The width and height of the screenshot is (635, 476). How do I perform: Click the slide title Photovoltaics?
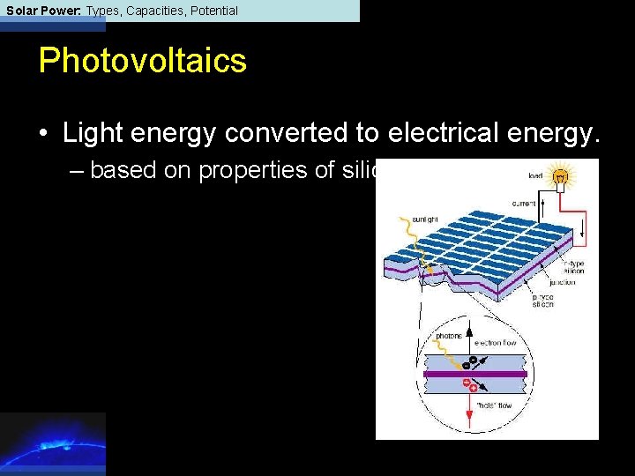[142, 61]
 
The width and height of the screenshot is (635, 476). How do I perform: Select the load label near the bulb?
[535, 175]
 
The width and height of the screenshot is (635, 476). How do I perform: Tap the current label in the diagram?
[524, 204]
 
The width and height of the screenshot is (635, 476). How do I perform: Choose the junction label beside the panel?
[562, 282]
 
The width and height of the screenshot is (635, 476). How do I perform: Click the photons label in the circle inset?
[451, 336]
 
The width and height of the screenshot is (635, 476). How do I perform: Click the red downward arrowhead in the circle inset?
[469, 424]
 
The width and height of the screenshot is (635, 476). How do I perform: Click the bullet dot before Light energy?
[43, 134]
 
